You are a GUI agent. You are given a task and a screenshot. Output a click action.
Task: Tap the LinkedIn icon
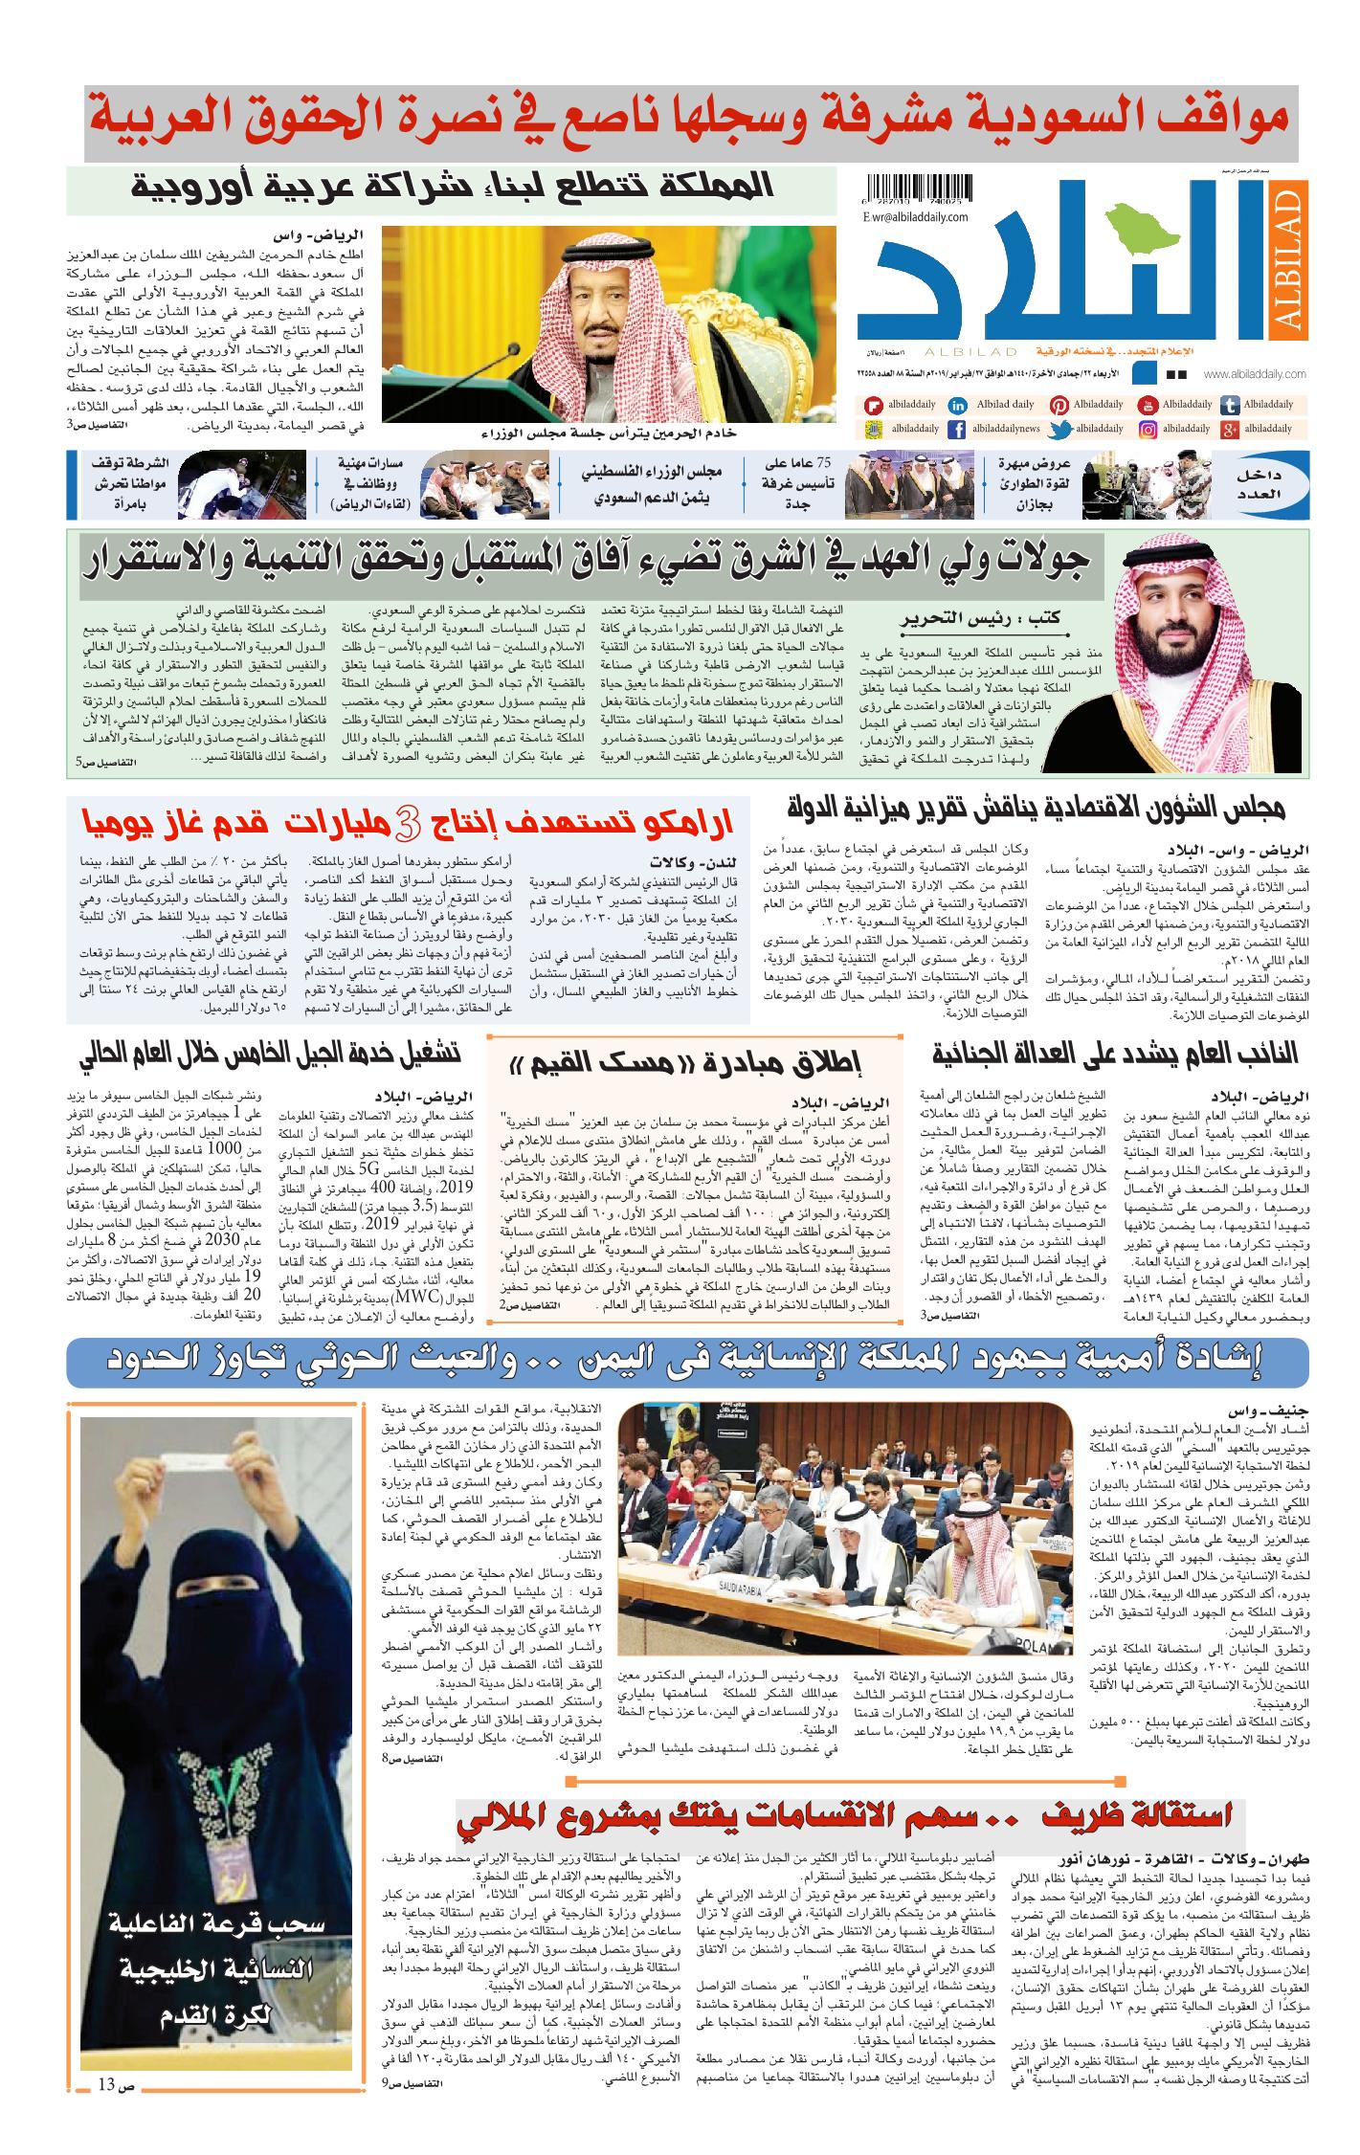956,406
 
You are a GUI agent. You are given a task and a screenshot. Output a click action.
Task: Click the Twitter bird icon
1059,431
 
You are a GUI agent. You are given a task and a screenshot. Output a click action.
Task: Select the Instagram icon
1148,430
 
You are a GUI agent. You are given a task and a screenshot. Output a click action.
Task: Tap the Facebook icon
956,431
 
